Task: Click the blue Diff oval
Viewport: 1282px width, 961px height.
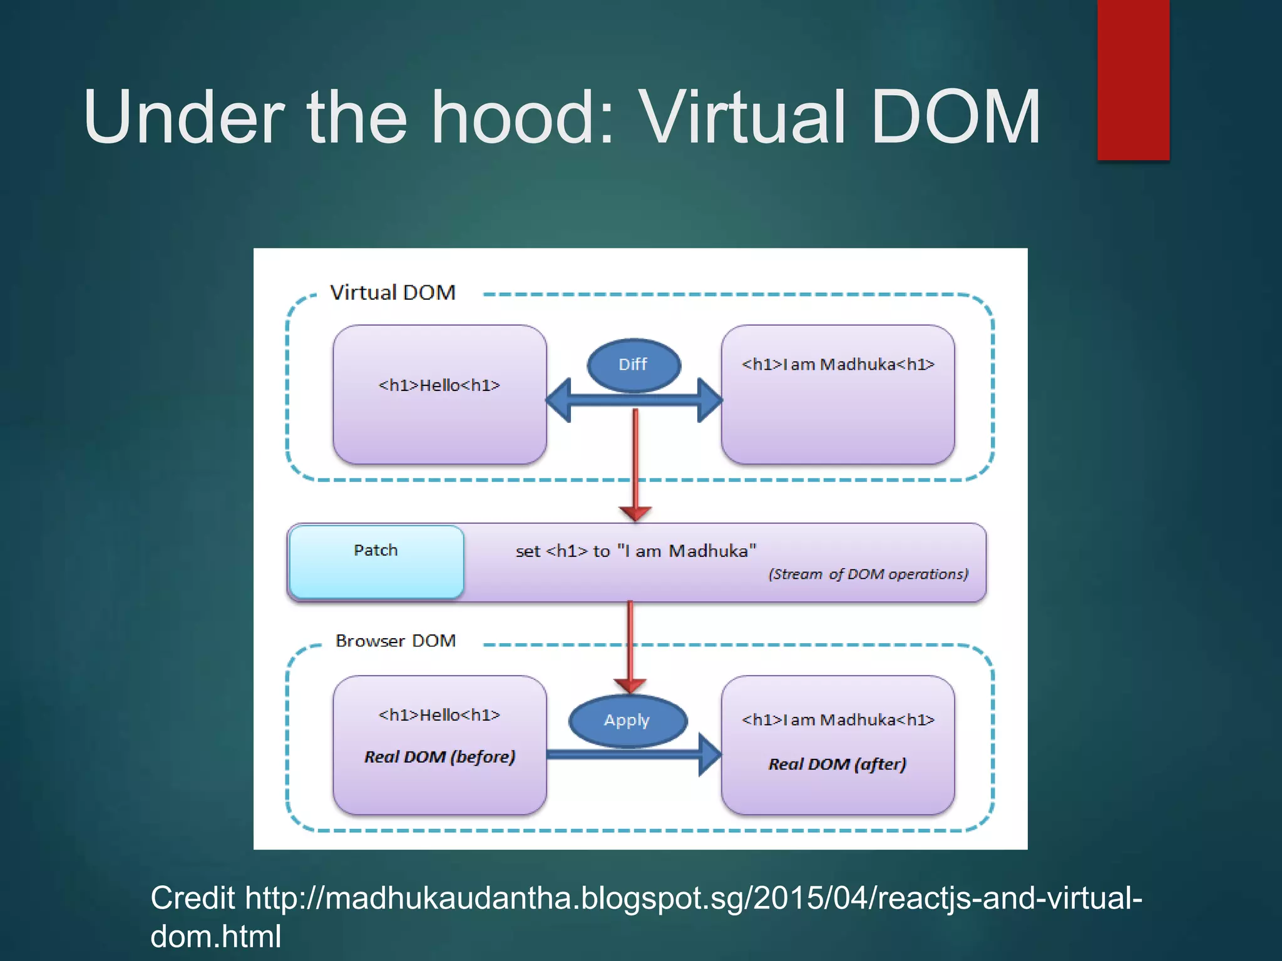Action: [633, 365]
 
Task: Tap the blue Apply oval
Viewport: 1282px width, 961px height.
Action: [627, 721]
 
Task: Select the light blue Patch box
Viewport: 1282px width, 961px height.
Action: [376, 561]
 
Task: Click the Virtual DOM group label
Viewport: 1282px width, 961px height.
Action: [392, 293]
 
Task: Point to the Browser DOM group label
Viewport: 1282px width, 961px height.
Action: [396, 641]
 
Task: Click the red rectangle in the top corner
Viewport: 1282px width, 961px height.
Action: [1133, 79]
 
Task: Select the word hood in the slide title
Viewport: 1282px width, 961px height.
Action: [515, 117]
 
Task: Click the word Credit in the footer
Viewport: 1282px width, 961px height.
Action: [192, 898]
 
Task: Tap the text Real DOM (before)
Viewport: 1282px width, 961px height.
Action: [439, 757]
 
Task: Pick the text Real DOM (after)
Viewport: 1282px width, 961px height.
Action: [837, 764]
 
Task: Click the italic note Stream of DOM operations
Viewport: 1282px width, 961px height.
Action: [868, 574]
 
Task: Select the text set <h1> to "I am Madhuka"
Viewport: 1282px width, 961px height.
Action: [635, 551]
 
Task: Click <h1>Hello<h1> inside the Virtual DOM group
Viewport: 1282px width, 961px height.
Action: [439, 385]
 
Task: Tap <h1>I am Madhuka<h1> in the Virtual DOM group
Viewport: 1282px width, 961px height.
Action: [838, 364]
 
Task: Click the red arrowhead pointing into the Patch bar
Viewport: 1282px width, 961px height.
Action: [635, 513]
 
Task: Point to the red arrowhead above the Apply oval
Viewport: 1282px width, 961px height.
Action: [630, 686]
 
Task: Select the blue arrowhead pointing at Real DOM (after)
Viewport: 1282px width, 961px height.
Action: [709, 755]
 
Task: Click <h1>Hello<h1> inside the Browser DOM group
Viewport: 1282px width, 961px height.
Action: [439, 715]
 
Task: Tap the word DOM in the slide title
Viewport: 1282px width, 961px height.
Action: [955, 117]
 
